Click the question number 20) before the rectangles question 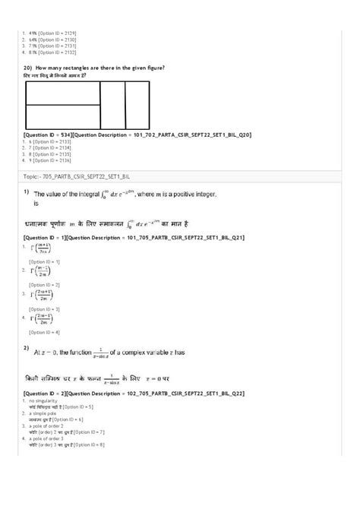tap(28, 68)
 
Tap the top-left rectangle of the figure tap(63, 93)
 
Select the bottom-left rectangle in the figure tap(63, 117)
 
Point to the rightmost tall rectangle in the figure tap(137, 105)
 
